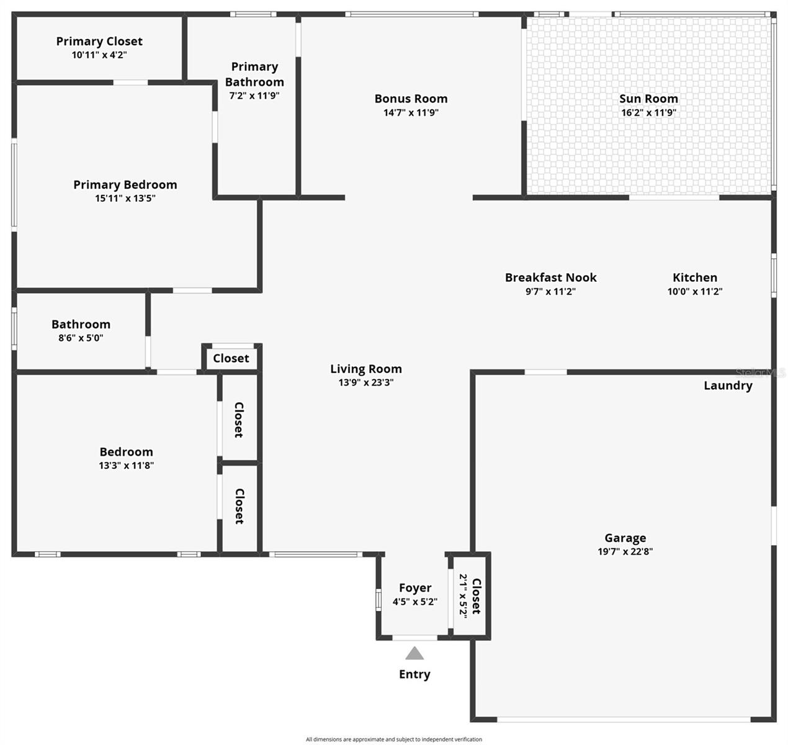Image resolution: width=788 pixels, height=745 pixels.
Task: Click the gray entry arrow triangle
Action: (414, 654)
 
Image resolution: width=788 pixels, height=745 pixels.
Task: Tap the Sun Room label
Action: (648, 99)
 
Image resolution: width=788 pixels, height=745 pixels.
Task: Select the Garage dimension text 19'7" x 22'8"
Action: (625, 551)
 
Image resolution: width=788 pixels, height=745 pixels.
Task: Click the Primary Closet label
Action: (99, 42)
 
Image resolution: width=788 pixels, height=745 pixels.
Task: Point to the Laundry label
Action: (728, 386)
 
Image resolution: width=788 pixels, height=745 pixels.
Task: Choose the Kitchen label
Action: (695, 278)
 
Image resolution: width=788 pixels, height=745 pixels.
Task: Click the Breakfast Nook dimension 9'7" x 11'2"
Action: (550, 291)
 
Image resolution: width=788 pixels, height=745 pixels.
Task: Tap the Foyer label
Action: (415, 588)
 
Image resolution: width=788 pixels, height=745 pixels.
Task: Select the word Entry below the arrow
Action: (414, 674)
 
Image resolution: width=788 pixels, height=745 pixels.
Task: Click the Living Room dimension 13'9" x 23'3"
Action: (365, 382)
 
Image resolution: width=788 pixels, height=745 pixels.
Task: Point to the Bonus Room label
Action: (411, 99)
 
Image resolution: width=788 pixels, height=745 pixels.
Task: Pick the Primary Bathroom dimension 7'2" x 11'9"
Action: (254, 96)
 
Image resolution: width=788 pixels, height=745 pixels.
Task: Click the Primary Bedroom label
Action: (125, 185)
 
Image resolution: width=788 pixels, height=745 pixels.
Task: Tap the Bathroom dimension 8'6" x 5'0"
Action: (81, 338)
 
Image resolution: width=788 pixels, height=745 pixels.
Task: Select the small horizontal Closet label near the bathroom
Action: (231, 358)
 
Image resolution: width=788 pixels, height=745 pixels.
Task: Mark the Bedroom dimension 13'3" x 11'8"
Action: (126, 466)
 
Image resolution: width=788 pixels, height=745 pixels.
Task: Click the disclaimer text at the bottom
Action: (393, 739)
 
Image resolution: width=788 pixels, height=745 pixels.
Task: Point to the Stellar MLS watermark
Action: (760, 372)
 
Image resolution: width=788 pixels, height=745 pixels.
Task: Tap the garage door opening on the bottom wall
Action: (624, 720)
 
